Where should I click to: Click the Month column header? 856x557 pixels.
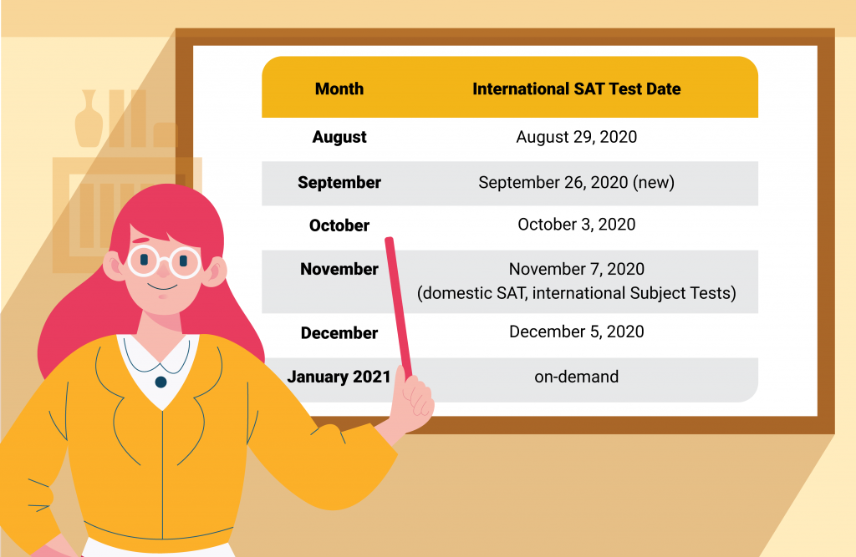(339, 89)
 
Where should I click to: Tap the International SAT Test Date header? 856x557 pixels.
(577, 89)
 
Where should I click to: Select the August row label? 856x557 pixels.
(339, 137)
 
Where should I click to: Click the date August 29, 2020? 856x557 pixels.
(577, 137)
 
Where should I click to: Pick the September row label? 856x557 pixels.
(339, 182)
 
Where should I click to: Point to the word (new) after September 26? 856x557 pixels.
(654, 182)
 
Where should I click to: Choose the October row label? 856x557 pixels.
(339, 225)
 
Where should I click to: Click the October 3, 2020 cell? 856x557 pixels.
(577, 224)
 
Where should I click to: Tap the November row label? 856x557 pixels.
(339, 269)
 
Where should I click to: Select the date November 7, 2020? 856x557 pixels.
(577, 269)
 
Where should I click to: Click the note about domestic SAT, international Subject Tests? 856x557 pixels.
(577, 293)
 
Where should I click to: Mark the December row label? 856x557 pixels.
(339, 333)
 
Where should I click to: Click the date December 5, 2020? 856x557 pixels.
(577, 332)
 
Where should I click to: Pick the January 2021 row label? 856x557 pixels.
(339, 377)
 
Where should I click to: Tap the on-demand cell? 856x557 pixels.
(577, 377)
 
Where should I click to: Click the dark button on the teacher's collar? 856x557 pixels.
(160, 382)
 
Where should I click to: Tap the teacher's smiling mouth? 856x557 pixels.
(162, 287)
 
